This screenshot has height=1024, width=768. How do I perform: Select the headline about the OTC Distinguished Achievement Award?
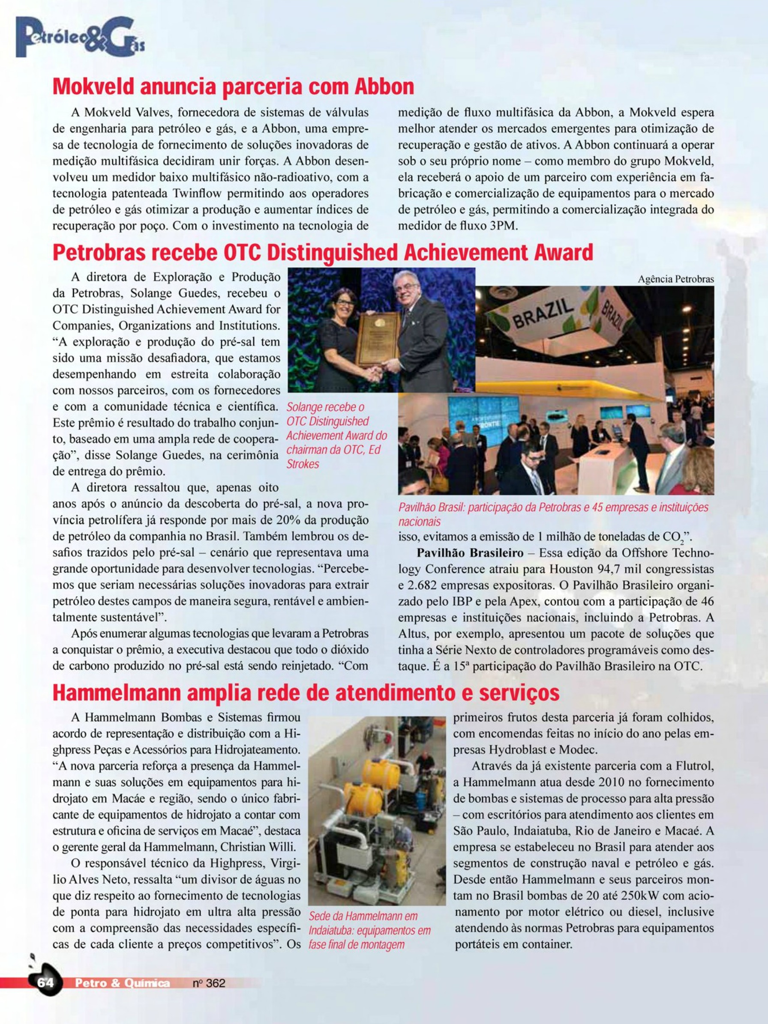323,253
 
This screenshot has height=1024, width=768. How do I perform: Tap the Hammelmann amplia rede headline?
306,693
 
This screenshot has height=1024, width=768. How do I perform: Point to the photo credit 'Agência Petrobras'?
675,279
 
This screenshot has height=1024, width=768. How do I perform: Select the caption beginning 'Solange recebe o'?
336,435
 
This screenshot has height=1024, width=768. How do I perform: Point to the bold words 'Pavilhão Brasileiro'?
470,553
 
